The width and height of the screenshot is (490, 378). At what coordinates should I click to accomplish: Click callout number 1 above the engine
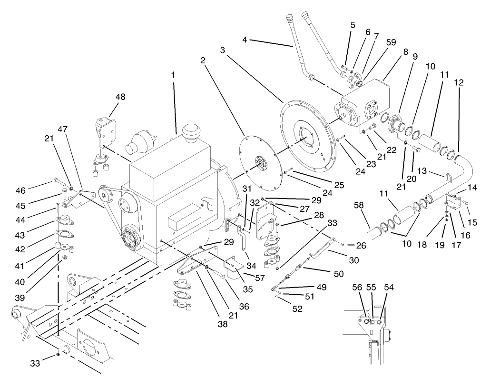click(174, 75)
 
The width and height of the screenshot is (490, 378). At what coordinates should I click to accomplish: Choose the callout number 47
click(77, 129)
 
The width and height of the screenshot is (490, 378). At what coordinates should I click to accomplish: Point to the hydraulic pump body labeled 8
click(366, 100)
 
